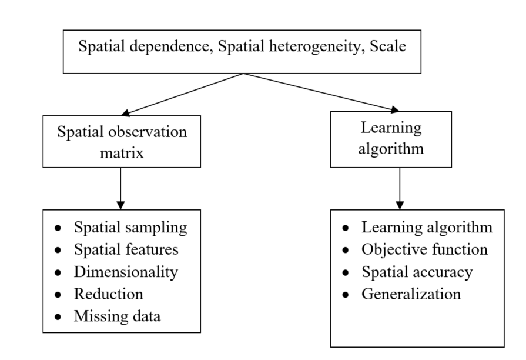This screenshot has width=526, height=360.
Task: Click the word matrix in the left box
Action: [x=122, y=152]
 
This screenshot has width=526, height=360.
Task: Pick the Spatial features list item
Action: [x=126, y=249]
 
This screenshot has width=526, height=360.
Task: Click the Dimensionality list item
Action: [x=125, y=272]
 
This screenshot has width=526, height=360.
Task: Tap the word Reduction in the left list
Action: [x=108, y=294]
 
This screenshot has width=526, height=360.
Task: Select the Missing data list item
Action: [x=117, y=316]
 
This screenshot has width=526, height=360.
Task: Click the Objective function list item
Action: [x=424, y=249]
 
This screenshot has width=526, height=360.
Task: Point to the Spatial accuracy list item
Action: [x=417, y=272]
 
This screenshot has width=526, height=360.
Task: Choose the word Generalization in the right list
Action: [x=411, y=294]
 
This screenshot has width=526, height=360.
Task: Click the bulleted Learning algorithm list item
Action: [x=427, y=227]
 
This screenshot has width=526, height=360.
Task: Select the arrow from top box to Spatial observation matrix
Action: [x=182, y=94]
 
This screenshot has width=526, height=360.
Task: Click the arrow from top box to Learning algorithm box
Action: [x=320, y=92]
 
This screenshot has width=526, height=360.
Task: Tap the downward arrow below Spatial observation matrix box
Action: [x=120, y=189]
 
